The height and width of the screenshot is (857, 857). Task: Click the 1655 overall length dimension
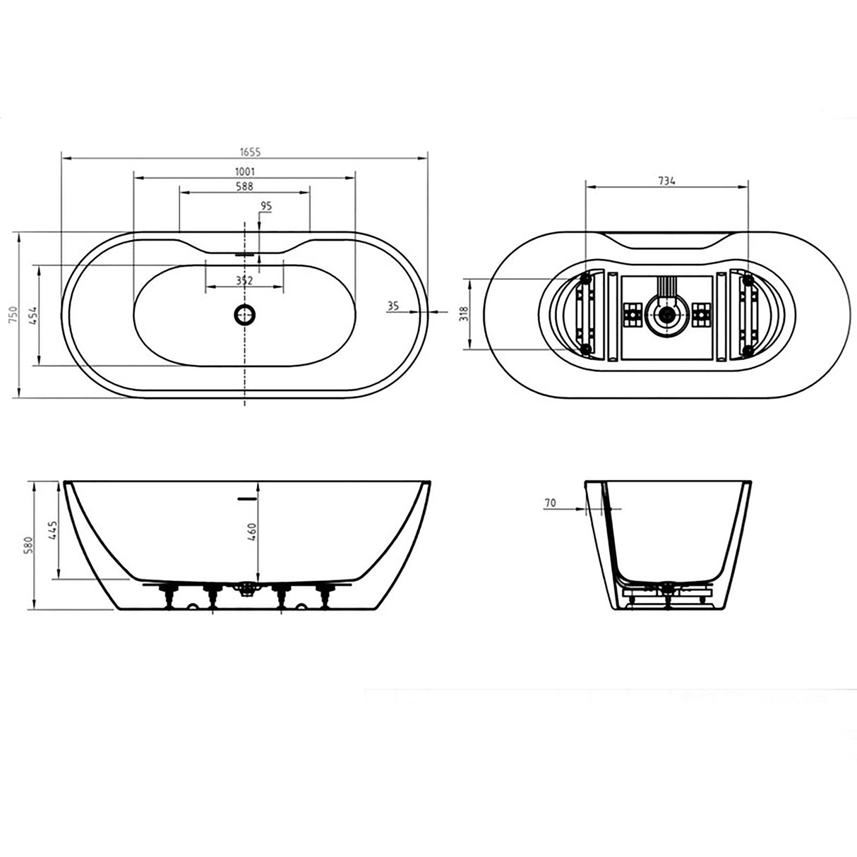245,151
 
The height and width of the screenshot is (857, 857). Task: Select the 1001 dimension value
245,171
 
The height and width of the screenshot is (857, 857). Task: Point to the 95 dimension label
266,206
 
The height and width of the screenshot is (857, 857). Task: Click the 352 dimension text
244,280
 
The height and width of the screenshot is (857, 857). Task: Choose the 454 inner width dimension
33,314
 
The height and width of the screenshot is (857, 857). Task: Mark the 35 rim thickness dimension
394,306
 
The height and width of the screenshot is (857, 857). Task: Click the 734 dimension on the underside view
666,181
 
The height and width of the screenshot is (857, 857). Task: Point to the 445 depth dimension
52,530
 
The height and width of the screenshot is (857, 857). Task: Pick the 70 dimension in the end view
550,503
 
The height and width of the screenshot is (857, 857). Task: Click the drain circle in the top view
244,314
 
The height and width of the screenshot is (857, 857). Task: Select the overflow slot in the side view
244,498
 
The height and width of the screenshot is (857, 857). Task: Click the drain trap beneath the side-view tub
246,588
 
